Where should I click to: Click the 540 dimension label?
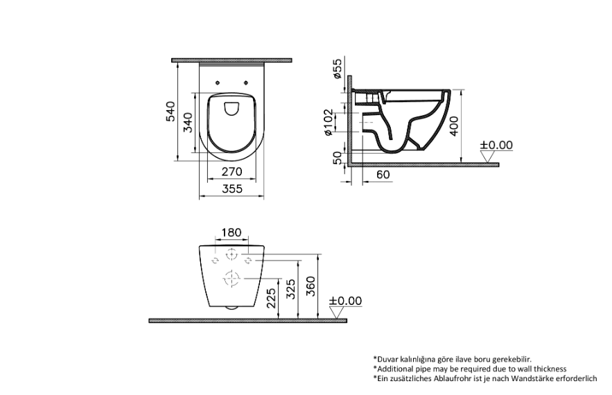pyautogui.click(x=171, y=112)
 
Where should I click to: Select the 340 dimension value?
pyautogui.click(x=188, y=122)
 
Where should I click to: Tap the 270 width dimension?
pyautogui.click(x=232, y=171)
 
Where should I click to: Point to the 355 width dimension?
pyautogui.click(x=232, y=188)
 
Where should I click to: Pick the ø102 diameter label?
pyautogui.click(x=329, y=122)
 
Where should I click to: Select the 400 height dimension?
pyautogui.click(x=453, y=125)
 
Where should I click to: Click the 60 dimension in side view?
pyautogui.click(x=383, y=175)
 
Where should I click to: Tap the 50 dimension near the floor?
pyautogui.click(x=337, y=158)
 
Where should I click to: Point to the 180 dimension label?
pyautogui.click(x=231, y=233)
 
